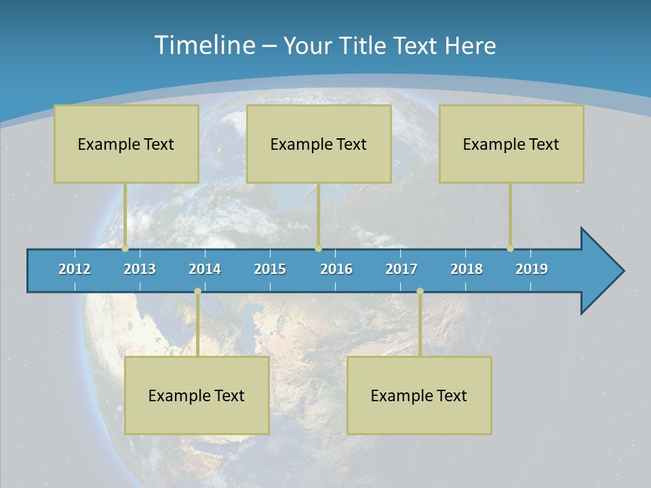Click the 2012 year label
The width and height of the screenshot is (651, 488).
pyautogui.click(x=75, y=269)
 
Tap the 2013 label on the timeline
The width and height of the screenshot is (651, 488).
pyautogui.click(x=140, y=269)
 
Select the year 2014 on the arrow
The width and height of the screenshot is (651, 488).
pyautogui.click(x=205, y=269)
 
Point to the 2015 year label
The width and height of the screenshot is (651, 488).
pyautogui.click(x=270, y=269)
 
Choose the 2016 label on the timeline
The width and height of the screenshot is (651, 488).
pyautogui.click(x=336, y=269)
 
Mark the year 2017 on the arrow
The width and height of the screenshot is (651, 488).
pyautogui.click(x=401, y=269)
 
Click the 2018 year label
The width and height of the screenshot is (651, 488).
pyautogui.click(x=467, y=269)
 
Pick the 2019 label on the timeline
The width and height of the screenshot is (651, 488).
pyautogui.click(x=532, y=269)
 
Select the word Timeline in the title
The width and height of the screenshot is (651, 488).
pyautogui.click(x=204, y=45)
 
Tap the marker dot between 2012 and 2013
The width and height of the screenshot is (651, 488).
pyautogui.click(x=125, y=249)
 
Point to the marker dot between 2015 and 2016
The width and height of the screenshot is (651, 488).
pyautogui.click(x=318, y=249)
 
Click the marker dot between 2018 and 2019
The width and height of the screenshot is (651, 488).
pyautogui.click(x=511, y=249)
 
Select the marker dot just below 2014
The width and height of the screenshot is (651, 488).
pyautogui.click(x=197, y=291)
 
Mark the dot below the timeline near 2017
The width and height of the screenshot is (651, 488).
pyautogui.click(x=420, y=291)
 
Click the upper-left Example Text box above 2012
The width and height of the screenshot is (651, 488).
pyautogui.click(x=126, y=144)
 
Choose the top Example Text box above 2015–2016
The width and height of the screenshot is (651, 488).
pyautogui.click(x=319, y=144)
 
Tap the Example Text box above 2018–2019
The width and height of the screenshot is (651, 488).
pyautogui.click(x=511, y=144)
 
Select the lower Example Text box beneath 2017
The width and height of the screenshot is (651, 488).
pyautogui.click(x=419, y=395)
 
